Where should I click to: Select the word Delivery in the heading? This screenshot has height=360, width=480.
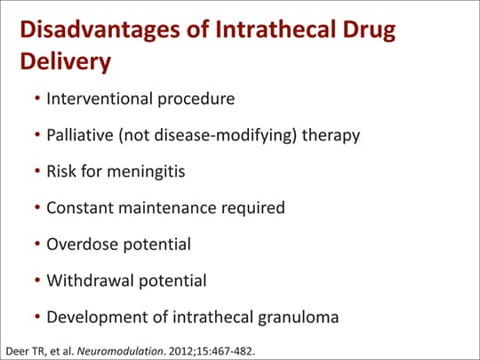[x=65, y=64]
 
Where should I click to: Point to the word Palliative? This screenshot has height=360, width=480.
[x=80, y=135]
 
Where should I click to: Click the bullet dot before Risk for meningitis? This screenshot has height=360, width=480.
[x=37, y=172]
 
